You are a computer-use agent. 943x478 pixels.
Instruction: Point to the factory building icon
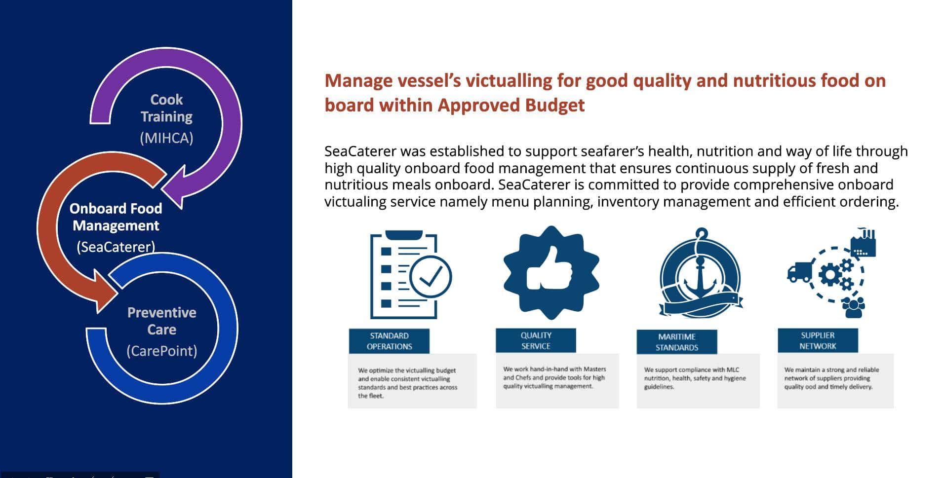coord(863,243)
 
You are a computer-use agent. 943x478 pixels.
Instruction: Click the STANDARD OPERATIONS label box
coord(389,341)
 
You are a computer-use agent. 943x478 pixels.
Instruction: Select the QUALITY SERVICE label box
coord(536,340)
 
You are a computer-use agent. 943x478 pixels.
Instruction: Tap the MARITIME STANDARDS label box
coord(676,342)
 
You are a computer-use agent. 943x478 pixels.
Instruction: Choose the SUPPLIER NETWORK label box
coord(818,340)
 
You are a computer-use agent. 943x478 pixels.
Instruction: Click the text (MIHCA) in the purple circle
coord(166,138)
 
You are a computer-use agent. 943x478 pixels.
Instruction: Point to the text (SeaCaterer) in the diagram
coord(116,247)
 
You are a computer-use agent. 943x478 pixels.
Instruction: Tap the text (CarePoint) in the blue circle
coord(162,351)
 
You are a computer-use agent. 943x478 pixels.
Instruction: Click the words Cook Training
coord(166,108)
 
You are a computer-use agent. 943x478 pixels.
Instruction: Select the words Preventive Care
coord(162,321)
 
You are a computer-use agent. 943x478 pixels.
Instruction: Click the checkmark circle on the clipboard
coord(431,276)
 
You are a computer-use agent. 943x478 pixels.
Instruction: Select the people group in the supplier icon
coord(853,306)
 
